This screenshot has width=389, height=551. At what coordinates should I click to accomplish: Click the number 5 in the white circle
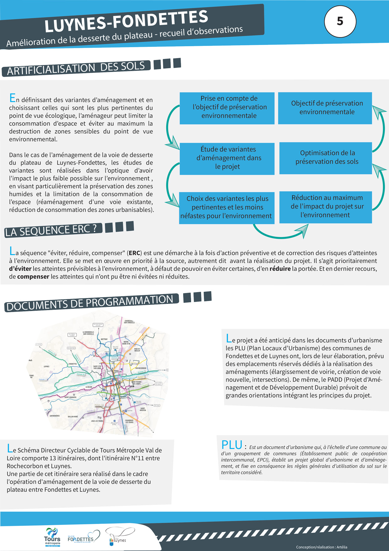pos(340,21)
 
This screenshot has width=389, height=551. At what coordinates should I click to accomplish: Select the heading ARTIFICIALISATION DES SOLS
pos(76,68)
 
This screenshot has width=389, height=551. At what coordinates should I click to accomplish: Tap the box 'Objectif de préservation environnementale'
pos(325,108)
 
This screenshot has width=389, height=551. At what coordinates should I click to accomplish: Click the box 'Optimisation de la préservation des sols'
pos(326,157)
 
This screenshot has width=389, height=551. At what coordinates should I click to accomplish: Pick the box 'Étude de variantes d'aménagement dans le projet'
pos(227,158)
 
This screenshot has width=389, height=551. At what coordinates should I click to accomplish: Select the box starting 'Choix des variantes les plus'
pos(226,207)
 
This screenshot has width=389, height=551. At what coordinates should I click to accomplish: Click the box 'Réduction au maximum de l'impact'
pos(326,206)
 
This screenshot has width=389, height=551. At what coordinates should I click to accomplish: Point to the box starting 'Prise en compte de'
pos(227,107)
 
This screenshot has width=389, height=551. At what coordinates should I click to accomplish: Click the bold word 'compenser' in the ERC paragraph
pos(33,277)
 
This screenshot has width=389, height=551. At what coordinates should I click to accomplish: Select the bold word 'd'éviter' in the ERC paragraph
pos(20,269)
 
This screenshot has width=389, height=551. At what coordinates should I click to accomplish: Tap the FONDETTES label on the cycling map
pos(72,364)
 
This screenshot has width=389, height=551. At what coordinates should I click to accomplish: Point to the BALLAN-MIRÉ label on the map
pos(73,417)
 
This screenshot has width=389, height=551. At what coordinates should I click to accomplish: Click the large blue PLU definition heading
pos(232,445)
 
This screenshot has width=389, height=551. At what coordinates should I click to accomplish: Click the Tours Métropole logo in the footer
pos(52,537)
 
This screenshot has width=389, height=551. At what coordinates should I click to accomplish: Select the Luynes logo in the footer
pos(119,537)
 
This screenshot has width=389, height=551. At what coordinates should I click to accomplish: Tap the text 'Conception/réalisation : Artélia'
pos(322,547)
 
